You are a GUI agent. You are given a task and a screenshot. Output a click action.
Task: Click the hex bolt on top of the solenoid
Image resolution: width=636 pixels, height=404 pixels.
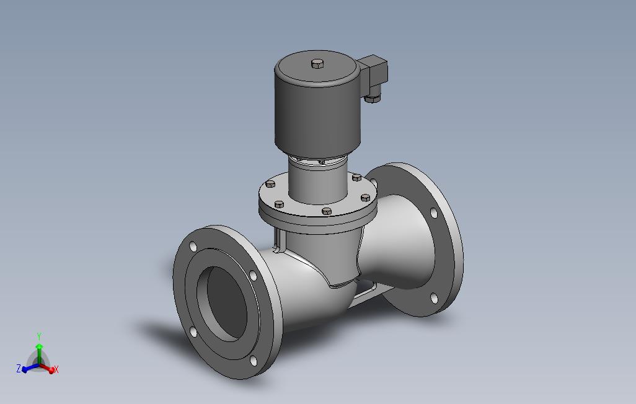(x=317, y=63)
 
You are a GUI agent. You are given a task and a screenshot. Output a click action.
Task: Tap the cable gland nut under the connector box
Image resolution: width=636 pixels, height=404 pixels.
(x=373, y=97)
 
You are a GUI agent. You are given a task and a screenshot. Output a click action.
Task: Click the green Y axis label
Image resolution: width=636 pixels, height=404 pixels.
(x=39, y=336)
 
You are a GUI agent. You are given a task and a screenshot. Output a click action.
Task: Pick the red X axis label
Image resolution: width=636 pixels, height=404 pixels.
(x=56, y=370)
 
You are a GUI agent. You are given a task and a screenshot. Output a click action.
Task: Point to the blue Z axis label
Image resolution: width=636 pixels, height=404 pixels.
(x=19, y=369)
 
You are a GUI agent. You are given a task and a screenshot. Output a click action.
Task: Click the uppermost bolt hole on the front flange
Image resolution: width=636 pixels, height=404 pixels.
(x=193, y=247)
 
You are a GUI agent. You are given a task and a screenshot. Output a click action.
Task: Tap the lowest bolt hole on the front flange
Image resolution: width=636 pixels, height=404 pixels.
(x=252, y=360)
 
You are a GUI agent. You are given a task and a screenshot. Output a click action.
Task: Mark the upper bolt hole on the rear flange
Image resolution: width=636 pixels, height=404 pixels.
(x=433, y=213)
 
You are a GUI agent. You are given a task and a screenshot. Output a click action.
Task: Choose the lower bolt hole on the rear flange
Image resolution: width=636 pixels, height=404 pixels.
(x=434, y=299)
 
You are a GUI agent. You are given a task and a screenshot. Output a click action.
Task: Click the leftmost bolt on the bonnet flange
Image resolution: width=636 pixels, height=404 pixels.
(x=270, y=184)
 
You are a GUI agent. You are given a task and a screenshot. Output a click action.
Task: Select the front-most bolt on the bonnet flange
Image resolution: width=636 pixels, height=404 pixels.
(x=327, y=211)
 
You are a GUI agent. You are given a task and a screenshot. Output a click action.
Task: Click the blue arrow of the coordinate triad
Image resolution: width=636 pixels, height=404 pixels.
(x=29, y=369)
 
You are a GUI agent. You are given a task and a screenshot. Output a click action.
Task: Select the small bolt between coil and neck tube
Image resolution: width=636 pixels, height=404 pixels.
(x=321, y=162)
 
